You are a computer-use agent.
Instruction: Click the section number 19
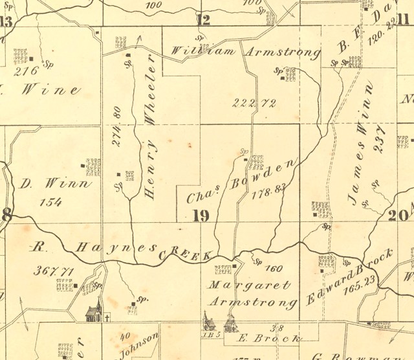[x=201, y=215]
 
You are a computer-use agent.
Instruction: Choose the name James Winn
[x=359, y=144]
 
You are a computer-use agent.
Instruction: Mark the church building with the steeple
[x=94, y=311]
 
